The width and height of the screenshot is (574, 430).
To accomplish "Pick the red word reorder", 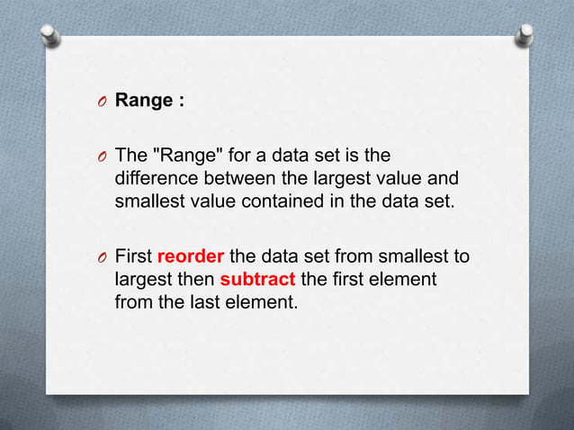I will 192,256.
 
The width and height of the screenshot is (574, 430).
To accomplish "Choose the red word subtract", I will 257,279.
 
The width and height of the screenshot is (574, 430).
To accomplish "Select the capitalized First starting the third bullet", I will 134,256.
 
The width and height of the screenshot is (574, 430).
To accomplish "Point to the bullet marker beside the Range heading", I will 103,102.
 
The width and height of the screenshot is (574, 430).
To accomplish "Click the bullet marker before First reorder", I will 103,257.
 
